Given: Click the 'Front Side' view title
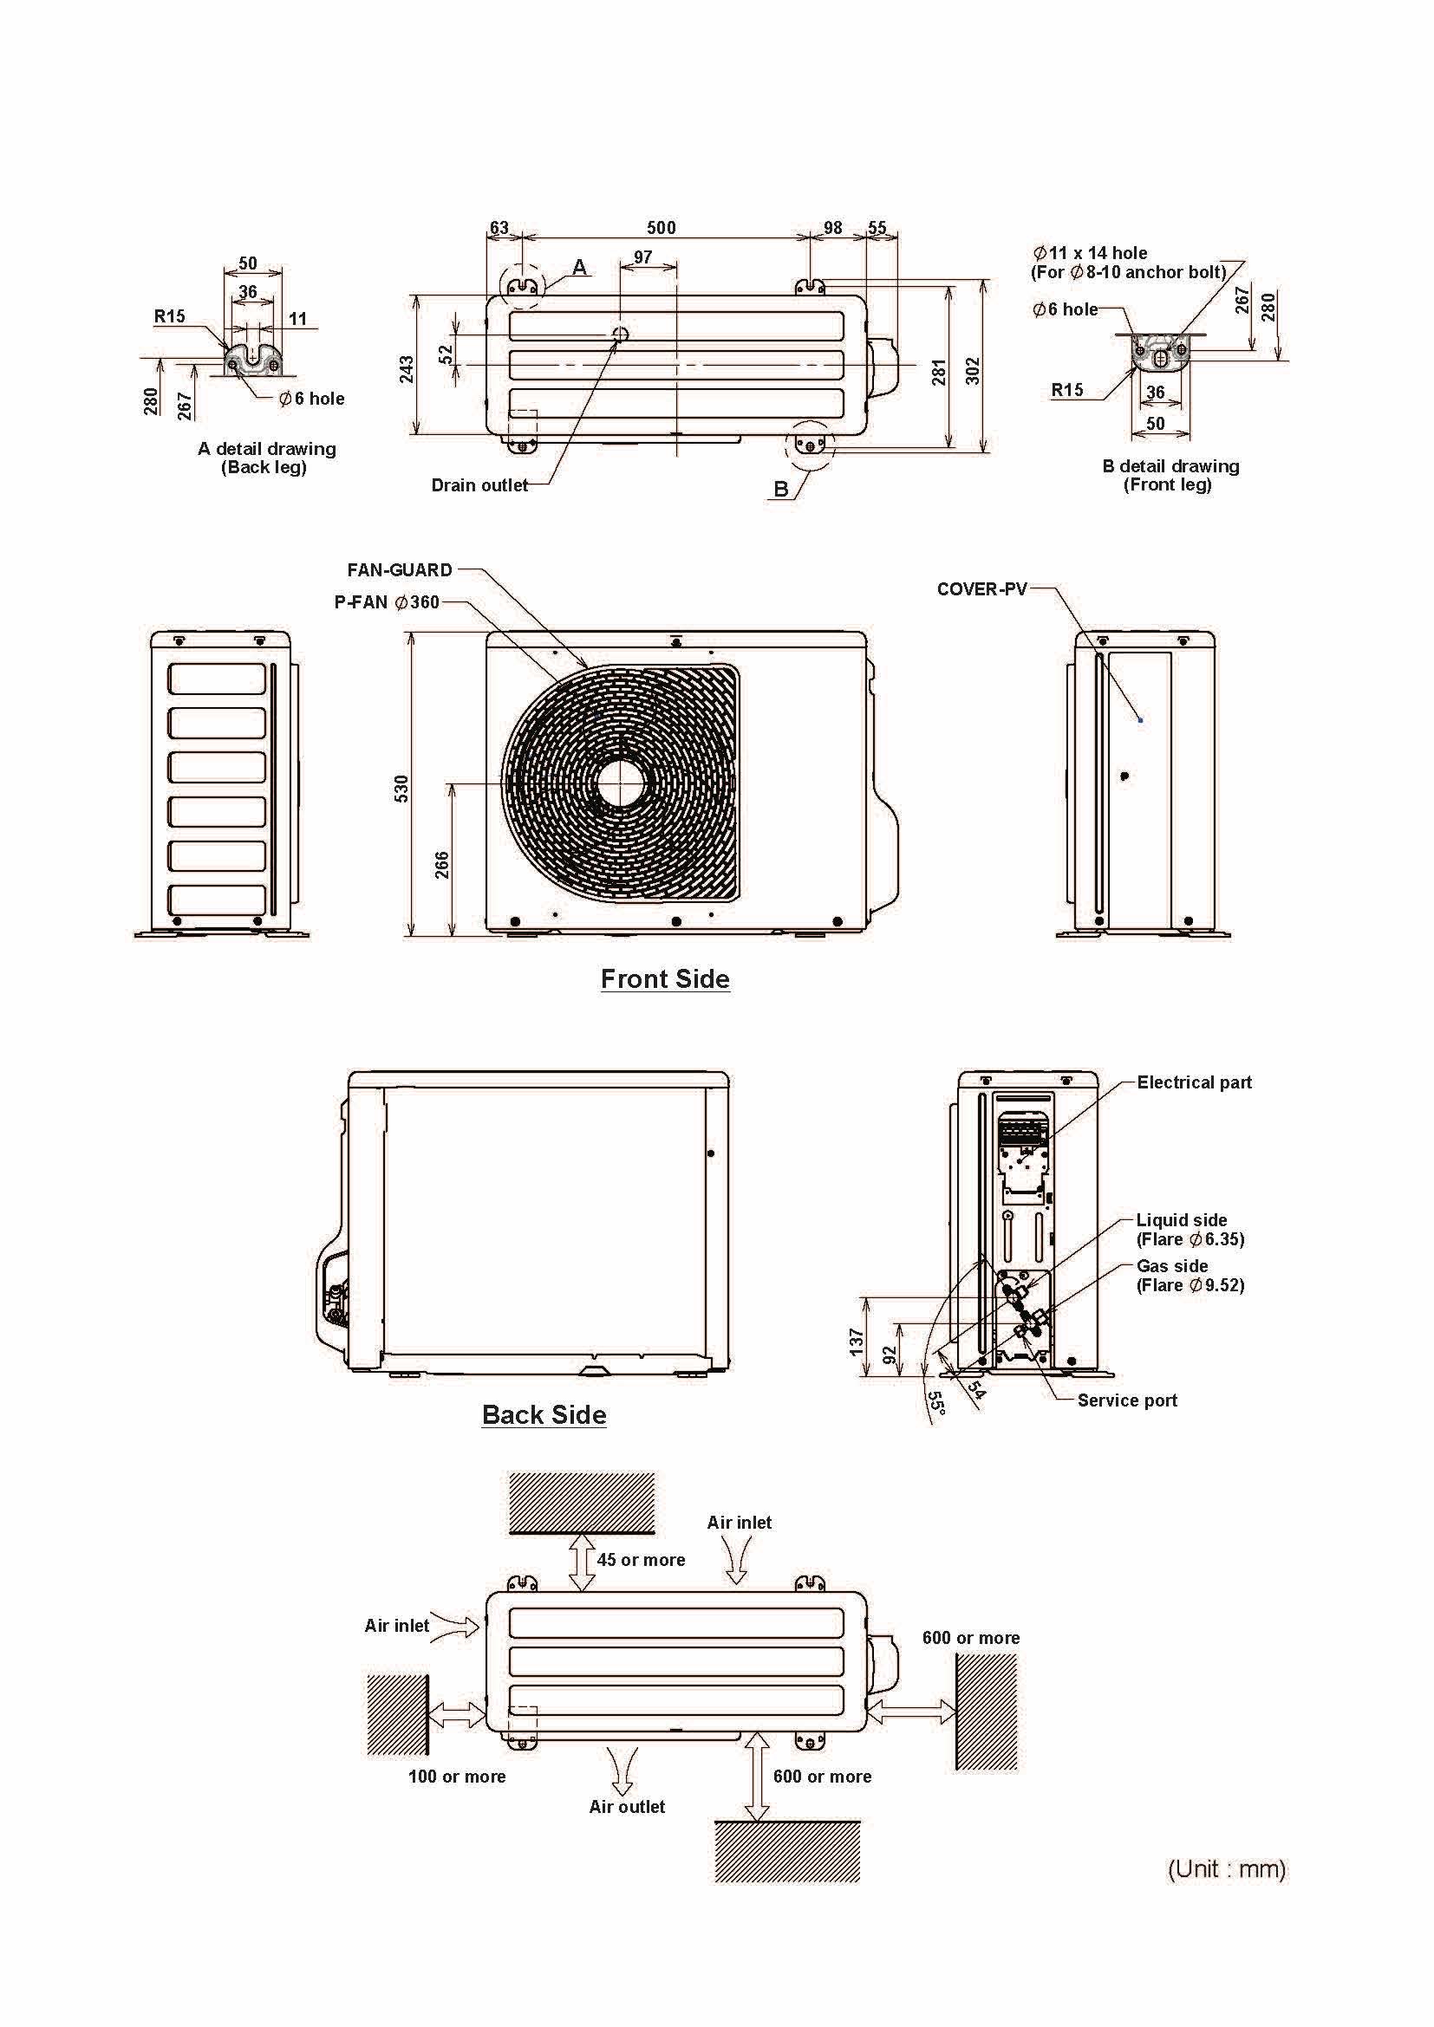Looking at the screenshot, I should (x=665, y=978).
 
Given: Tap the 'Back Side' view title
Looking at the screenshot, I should (x=544, y=1414).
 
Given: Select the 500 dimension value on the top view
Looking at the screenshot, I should (x=662, y=228).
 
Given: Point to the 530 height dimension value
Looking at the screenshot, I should (x=401, y=789).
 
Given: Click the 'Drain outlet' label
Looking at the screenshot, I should (x=479, y=484).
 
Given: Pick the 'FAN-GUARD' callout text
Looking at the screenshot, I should (x=400, y=570).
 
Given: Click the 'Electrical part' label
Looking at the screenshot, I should (x=1194, y=1082).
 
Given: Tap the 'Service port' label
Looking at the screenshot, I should (x=1127, y=1400).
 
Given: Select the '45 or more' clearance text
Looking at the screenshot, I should (x=641, y=1560).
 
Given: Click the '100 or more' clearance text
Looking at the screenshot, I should (x=457, y=1777).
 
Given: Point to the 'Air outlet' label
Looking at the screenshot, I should (x=627, y=1806).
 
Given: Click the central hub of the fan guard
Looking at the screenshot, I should (x=621, y=783).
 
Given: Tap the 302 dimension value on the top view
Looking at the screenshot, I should (x=972, y=371).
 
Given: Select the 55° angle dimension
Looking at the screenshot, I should (x=937, y=1405).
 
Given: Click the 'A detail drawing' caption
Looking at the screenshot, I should (x=267, y=449).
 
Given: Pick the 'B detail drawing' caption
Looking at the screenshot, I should (x=1170, y=466).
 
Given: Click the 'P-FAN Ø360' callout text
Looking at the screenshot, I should (x=387, y=602).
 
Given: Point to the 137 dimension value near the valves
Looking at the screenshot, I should (x=856, y=1342).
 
